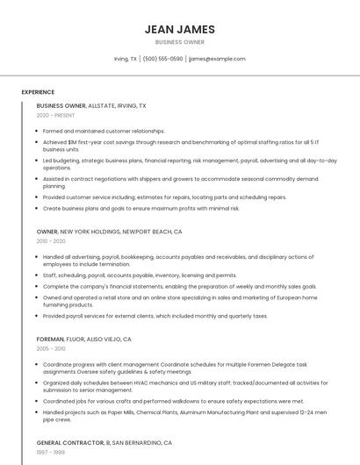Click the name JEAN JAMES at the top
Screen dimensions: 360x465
click(x=180, y=29)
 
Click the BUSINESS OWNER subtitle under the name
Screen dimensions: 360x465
click(x=180, y=41)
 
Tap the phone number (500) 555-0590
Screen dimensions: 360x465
click(x=162, y=59)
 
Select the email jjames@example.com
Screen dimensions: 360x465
click(x=217, y=59)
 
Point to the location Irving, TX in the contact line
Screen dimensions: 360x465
click(x=126, y=59)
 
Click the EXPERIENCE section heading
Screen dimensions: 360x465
click(x=38, y=92)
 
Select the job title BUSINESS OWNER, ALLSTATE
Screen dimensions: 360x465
click(x=91, y=105)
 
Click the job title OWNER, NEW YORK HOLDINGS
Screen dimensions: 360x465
click(x=109, y=232)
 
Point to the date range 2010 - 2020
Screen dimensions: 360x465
click(x=51, y=241)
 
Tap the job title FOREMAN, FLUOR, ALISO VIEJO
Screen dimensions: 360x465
click(x=84, y=339)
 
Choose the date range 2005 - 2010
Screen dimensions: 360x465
click(x=51, y=348)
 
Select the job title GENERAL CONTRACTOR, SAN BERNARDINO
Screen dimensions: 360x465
click(x=104, y=443)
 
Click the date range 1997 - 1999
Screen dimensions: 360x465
click(x=51, y=454)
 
